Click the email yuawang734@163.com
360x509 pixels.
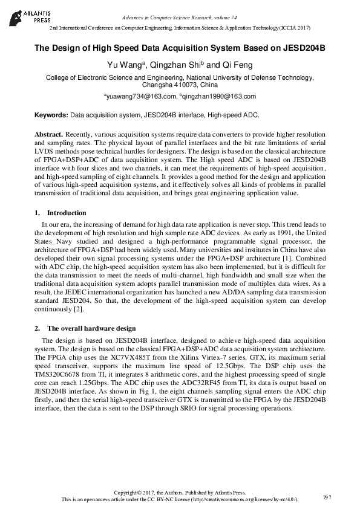141,96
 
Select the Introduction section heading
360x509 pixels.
67,213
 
